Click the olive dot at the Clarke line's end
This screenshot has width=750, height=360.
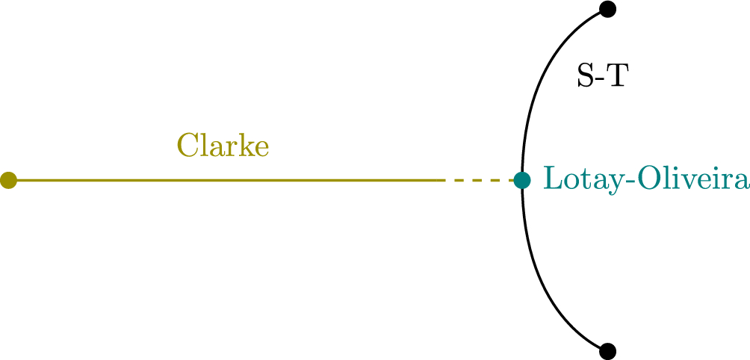point(8,180)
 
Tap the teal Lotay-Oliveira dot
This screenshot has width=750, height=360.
point(522,180)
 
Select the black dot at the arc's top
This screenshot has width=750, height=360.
point(607,10)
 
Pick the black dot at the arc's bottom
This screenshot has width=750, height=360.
point(607,350)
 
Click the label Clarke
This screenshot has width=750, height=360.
point(223,146)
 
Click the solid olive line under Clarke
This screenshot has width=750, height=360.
point(224,180)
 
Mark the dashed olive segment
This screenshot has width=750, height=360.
point(478,180)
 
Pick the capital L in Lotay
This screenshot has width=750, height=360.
point(550,179)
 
